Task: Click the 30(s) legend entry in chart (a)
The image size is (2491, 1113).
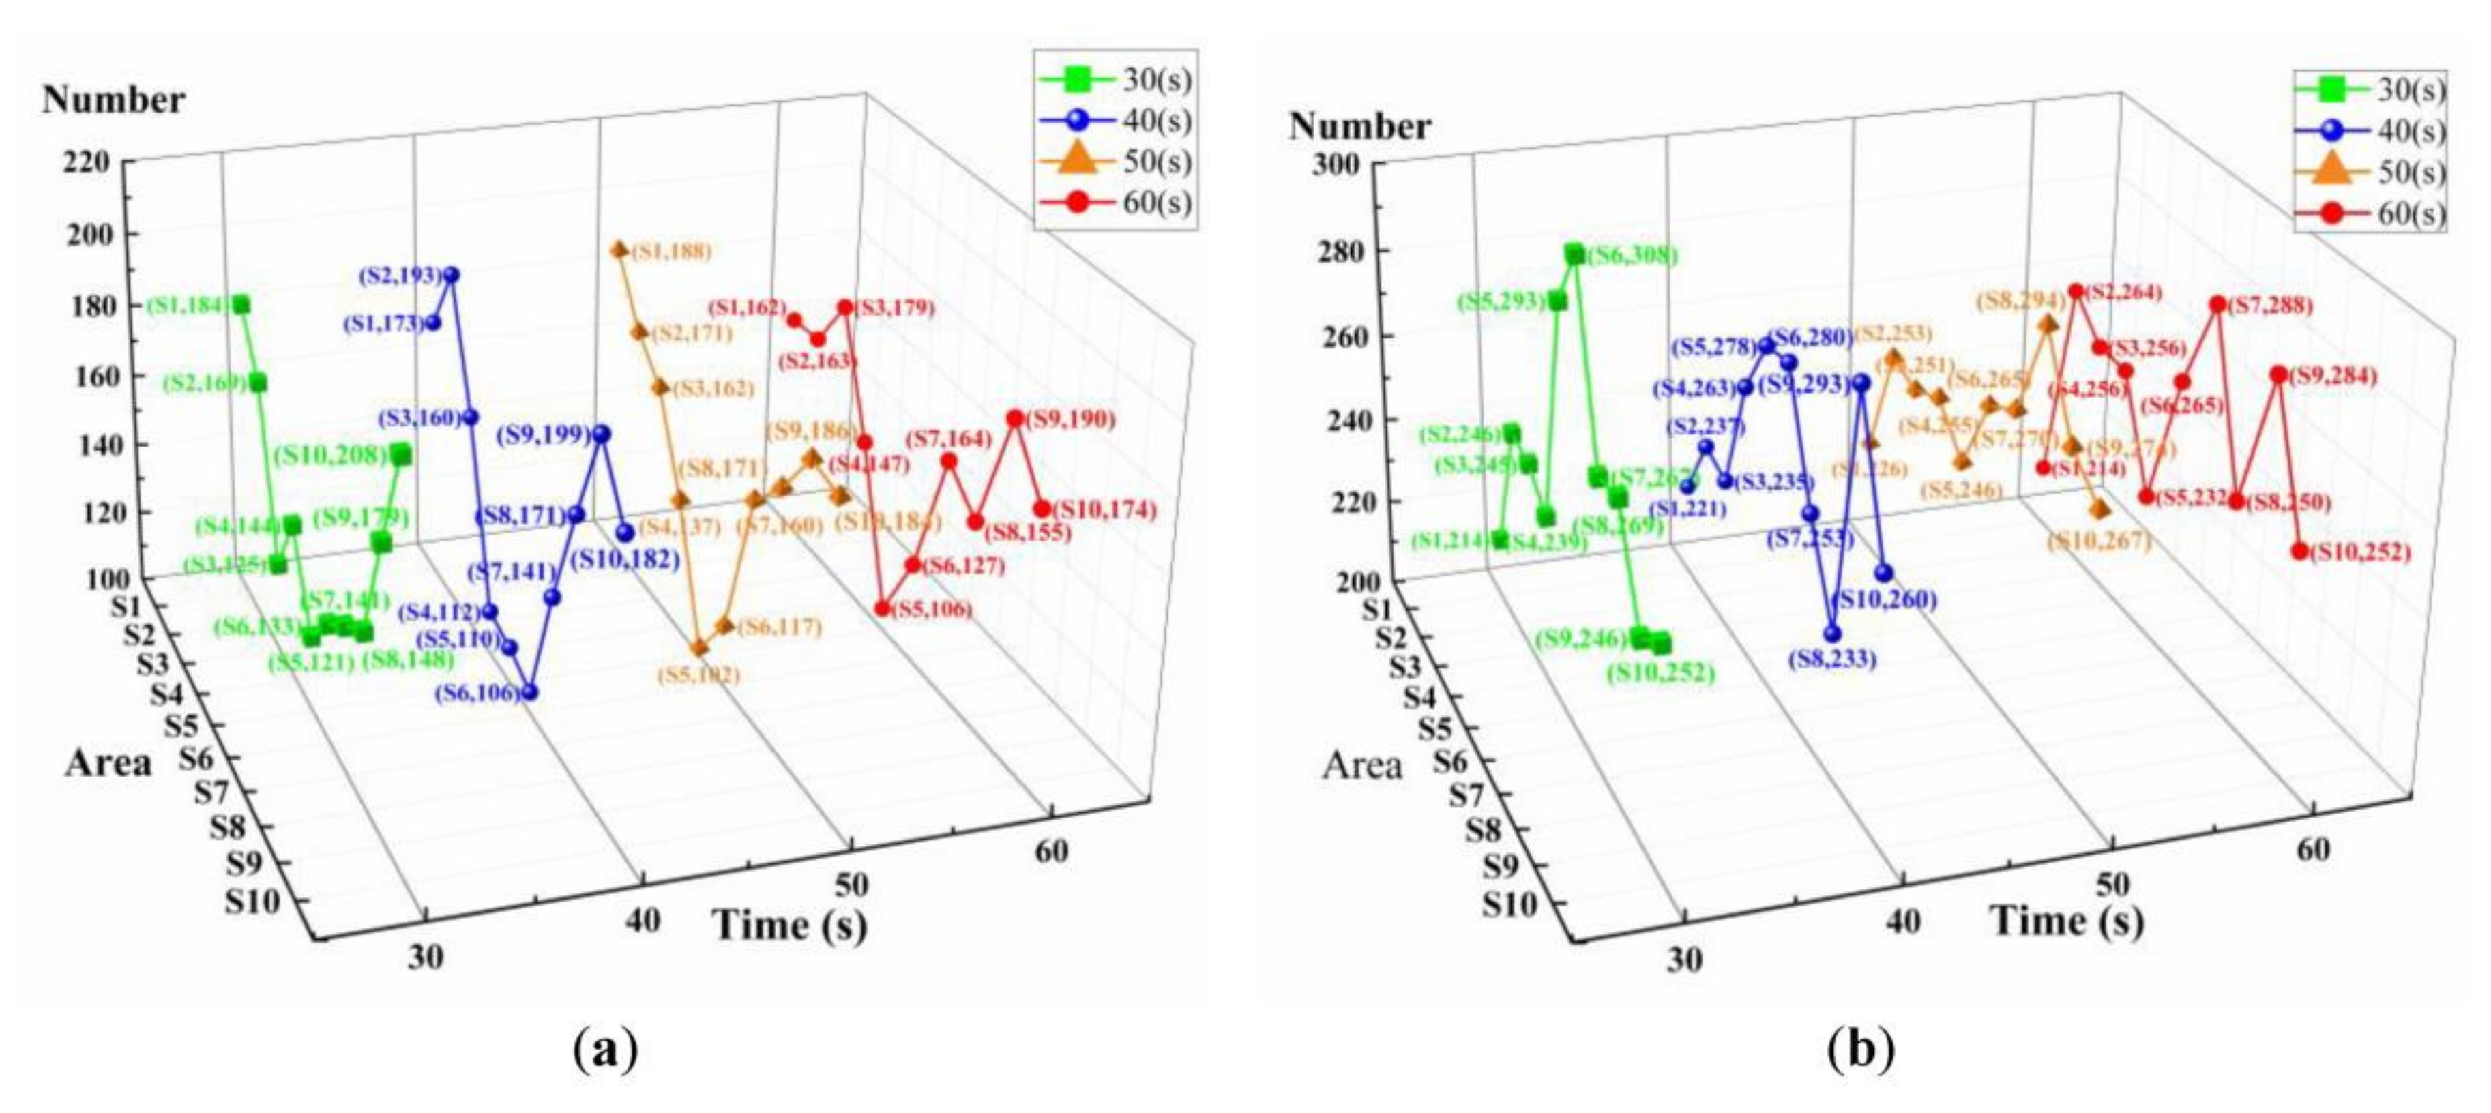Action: click(x=1117, y=78)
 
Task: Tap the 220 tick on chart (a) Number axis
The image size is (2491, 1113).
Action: click(x=87, y=162)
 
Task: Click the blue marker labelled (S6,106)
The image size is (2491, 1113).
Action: click(x=529, y=692)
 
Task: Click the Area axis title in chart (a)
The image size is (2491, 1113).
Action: click(x=108, y=763)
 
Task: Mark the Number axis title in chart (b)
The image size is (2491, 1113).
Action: click(x=1359, y=127)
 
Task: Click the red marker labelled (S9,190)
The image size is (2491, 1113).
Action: click(x=1014, y=419)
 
